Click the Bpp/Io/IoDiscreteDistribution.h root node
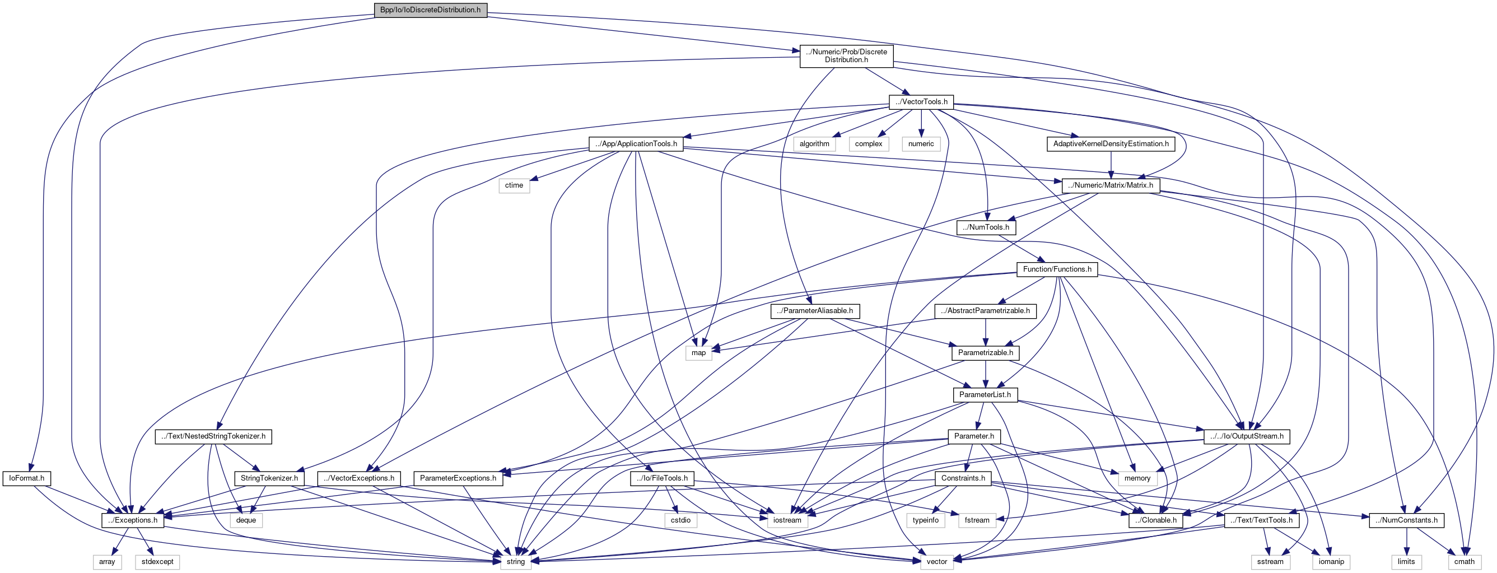pyautogui.click(x=430, y=10)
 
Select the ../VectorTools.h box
pyautogui.click(x=921, y=102)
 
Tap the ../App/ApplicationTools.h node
pyautogui.click(x=636, y=143)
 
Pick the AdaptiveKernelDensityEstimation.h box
pyautogui.click(x=1111, y=143)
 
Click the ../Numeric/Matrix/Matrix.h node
pyautogui.click(x=1111, y=185)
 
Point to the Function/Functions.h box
pyautogui.click(x=1057, y=269)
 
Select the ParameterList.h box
pyautogui.click(x=985, y=394)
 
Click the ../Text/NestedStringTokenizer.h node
pyautogui.click(x=213, y=436)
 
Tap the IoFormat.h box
pyautogui.click(x=27, y=478)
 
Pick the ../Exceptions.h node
pyautogui.click(x=133, y=520)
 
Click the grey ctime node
pyautogui.click(x=514, y=185)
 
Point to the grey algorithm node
pyautogui.click(x=814, y=143)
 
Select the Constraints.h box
pyautogui.click(x=963, y=478)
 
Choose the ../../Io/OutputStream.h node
pyautogui.click(x=1247, y=436)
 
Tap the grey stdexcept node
pyautogui.click(x=157, y=562)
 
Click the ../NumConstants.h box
pyautogui.click(x=1406, y=520)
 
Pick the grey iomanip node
pyautogui.click(x=1331, y=562)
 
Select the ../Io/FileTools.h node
pyautogui.click(x=662, y=478)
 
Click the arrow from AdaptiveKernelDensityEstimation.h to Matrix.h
pyautogui.click(x=1111, y=165)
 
